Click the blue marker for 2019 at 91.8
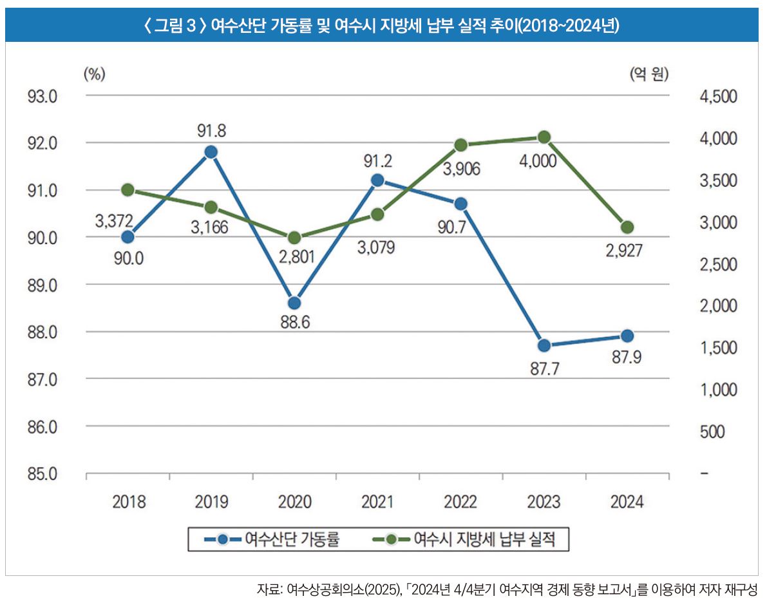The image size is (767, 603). point(211,152)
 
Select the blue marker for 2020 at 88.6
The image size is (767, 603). point(294,303)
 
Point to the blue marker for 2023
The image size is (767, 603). point(544,345)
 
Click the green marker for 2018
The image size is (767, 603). point(128,189)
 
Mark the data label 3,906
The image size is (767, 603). point(462,170)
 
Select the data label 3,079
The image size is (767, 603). point(377,246)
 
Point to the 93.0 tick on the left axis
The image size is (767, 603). point(43,97)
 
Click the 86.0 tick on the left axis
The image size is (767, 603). point(43,427)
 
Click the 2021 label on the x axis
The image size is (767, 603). point(377,503)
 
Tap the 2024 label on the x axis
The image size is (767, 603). point(627,503)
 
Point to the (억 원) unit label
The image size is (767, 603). point(649,74)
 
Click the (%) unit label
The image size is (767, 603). point(95,74)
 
